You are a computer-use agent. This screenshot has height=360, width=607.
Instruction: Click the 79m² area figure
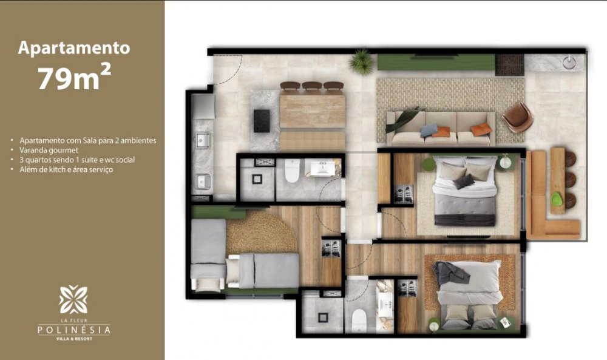pyautogui.click(x=74, y=77)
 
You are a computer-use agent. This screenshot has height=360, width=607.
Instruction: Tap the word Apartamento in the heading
pyautogui.click(x=74, y=47)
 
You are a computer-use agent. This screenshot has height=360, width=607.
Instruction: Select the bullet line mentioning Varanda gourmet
pyautogui.click(x=49, y=150)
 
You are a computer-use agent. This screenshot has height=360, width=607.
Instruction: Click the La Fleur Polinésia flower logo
pyautogui.click(x=73, y=300)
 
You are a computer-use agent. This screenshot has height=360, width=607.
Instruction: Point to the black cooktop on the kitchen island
pyautogui.click(x=262, y=121)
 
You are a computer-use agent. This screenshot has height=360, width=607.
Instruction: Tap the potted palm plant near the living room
pyautogui.click(x=362, y=62)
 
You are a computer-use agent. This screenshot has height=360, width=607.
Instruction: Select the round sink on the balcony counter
pyautogui.click(x=569, y=63)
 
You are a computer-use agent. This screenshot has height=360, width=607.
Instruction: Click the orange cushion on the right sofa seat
pyautogui.click(x=481, y=129)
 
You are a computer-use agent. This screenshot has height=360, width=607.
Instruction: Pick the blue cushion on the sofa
pyautogui.click(x=429, y=130)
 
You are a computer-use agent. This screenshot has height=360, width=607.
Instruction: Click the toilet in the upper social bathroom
pyautogui.click(x=291, y=171)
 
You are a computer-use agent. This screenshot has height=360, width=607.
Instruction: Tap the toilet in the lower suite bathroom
pyautogui.click(x=359, y=320)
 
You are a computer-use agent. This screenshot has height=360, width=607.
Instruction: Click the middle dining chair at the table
pyautogui.click(x=312, y=88)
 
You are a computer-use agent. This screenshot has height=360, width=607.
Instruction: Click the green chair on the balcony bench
pyautogui.click(x=556, y=199)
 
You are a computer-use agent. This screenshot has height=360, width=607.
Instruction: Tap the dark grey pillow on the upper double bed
pyautogui.click(x=464, y=182)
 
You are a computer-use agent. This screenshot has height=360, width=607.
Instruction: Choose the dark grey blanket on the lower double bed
pyautogui.click(x=451, y=274)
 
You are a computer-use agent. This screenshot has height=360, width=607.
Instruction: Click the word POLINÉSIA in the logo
pyautogui.click(x=74, y=330)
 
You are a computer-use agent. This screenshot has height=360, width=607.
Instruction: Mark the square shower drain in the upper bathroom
pyautogui.click(x=257, y=179)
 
